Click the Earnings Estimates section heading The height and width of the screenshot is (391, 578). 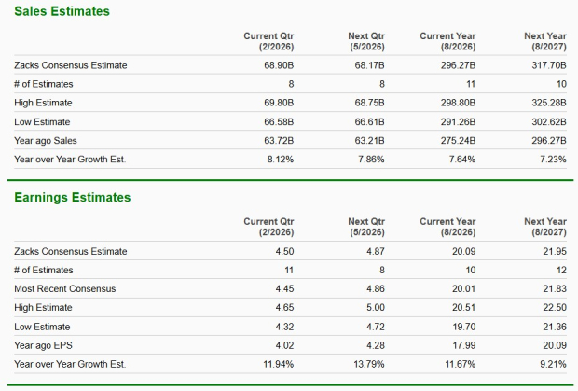(x=72, y=197)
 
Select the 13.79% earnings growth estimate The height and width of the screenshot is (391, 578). (x=367, y=363)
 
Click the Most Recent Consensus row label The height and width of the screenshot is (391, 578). (x=65, y=288)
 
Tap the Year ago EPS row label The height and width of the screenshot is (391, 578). (x=46, y=344)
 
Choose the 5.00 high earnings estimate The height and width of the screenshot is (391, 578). (x=375, y=307)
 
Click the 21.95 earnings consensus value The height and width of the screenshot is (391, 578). (x=554, y=251)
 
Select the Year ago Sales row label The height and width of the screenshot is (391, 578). (x=48, y=140)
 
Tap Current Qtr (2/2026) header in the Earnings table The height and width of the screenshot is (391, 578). (x=268, y=227)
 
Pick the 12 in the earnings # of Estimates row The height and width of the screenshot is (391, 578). (x=561, y=270)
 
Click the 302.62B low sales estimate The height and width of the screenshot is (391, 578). (x=547, y=121)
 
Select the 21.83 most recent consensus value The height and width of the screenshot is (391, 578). (x=554, y=288)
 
